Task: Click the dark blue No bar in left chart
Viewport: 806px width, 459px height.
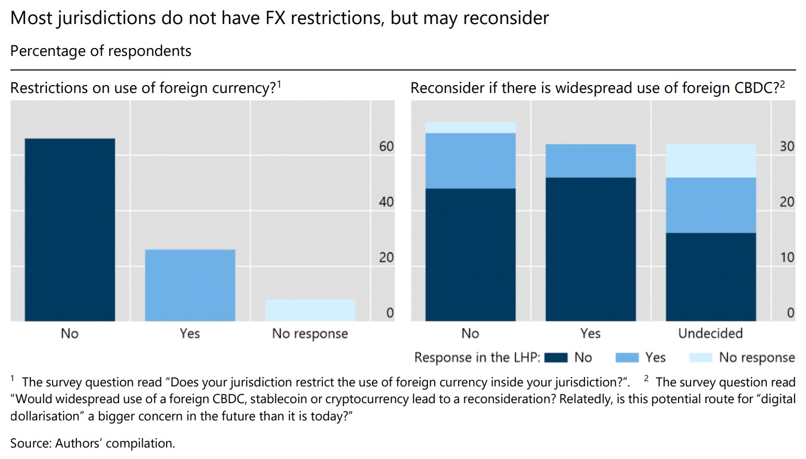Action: [69, 230]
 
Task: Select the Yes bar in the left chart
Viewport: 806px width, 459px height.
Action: [190, 285]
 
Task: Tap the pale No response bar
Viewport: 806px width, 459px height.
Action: [310, 310]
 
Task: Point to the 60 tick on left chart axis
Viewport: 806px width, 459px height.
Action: [386, 147]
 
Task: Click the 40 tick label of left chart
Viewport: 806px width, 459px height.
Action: [386, 202]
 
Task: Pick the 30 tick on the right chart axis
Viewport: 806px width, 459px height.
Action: [787, 147]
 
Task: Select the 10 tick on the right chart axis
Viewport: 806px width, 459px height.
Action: [787, 257]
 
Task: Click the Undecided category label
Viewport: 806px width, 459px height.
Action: [710, 333]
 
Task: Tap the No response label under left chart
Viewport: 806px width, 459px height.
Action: [310, 333]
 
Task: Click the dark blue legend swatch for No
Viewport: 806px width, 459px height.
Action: [555, 358]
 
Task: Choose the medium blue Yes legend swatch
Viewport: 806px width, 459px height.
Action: [627, 358]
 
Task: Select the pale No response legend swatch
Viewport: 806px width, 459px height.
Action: [700, 358]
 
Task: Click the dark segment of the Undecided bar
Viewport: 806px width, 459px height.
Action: [710, 277]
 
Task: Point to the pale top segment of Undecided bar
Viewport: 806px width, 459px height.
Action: [710, 161]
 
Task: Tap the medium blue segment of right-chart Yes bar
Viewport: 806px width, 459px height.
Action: [590, 161]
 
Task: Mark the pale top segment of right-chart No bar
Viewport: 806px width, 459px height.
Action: [470, 127]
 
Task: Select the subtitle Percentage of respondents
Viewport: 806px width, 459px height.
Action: [101, 51]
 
